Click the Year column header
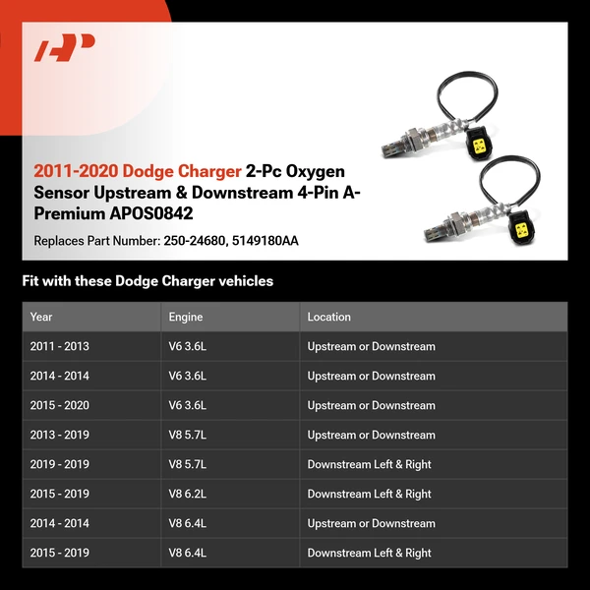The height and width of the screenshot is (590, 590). [41, 317]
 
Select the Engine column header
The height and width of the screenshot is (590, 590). [186, 317]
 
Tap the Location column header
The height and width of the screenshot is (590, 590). [328, 317]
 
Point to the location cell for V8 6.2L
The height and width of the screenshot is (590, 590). [369, 494]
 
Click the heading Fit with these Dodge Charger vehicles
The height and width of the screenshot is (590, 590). [147, 281]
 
